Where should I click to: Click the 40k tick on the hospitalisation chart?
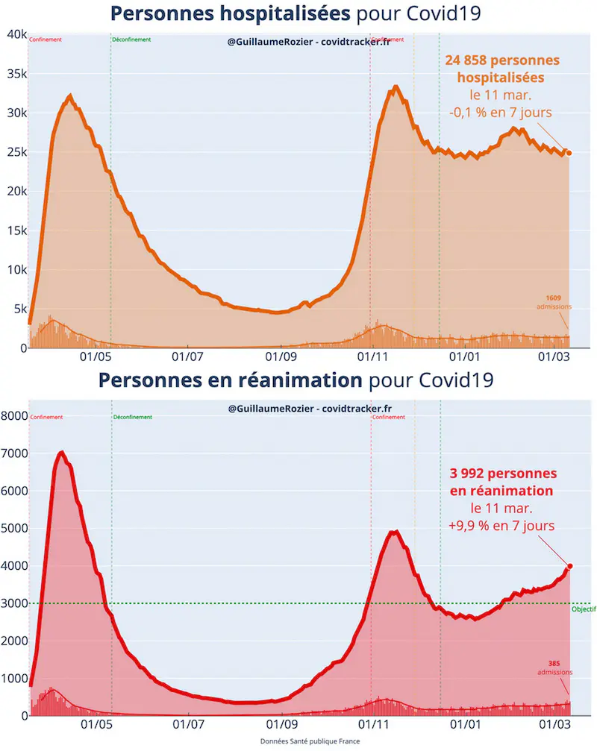(x=16, y=34)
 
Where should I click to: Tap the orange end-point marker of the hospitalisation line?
(x=569, y=153)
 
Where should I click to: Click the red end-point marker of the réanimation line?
(x=570, y=567)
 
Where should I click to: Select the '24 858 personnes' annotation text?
(x=502, y=60)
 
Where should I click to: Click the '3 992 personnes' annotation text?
(x=502, y=474)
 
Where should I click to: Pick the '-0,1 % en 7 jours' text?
(x=501, y=113)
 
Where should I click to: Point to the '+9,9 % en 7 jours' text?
(x=501, y=525)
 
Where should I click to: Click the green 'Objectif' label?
(x=584, y=609)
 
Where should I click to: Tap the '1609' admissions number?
(x=553, y=298)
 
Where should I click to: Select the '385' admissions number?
(x=554, y=663)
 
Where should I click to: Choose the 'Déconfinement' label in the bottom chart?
(x=132, y=417)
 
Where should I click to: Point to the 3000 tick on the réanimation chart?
(x=16, y=603)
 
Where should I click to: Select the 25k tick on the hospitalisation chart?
(x=16, y=152)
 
